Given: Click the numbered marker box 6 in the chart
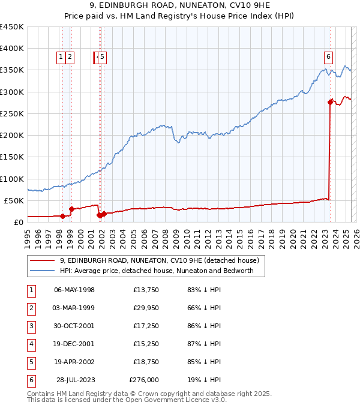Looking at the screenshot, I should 329,57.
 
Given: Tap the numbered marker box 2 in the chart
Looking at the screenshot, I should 70,57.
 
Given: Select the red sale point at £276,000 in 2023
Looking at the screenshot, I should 330,103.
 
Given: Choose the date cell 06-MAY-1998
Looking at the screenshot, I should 74,290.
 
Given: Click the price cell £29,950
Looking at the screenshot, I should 144,308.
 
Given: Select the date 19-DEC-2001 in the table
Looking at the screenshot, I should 74,344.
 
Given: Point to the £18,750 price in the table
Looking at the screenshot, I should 144,362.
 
